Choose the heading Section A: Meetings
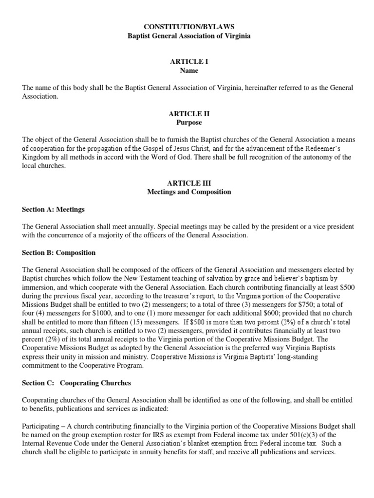tap(53, 210)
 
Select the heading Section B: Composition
tap(59, 253)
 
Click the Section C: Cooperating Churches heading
tap(76, 383)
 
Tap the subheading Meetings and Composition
tap(189, 192)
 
